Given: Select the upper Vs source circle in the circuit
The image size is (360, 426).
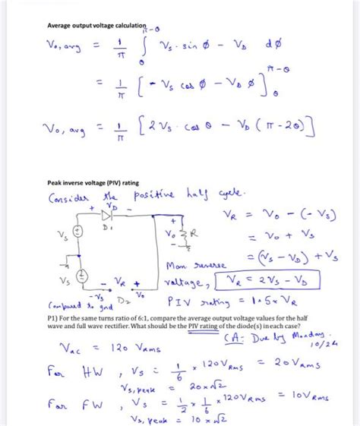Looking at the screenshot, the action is coord(76,232).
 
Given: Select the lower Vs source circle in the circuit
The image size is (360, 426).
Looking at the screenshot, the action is coord(76,279).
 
